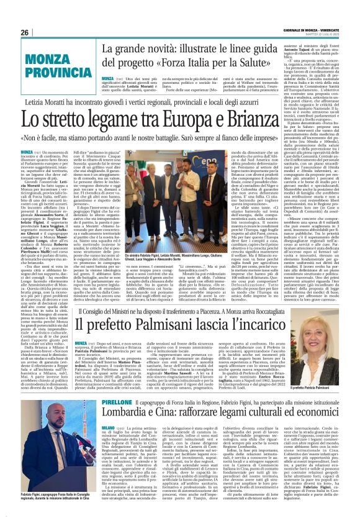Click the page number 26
(x=25, y=32)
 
